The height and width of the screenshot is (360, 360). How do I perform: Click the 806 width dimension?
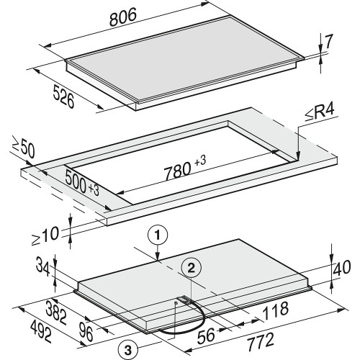point(123,17)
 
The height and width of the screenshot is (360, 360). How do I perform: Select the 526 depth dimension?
point(63,96)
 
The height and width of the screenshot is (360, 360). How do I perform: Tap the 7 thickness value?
point(328,41)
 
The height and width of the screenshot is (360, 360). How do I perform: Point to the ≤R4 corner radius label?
point(320,113)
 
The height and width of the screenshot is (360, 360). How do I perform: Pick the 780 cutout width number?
point(178,170)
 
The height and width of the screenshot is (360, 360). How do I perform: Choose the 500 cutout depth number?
point(76,181)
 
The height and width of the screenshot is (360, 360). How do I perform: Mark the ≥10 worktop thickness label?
point(45,236)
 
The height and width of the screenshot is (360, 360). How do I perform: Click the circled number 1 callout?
point(157,235)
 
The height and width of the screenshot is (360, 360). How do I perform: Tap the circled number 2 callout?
point(191,269)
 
